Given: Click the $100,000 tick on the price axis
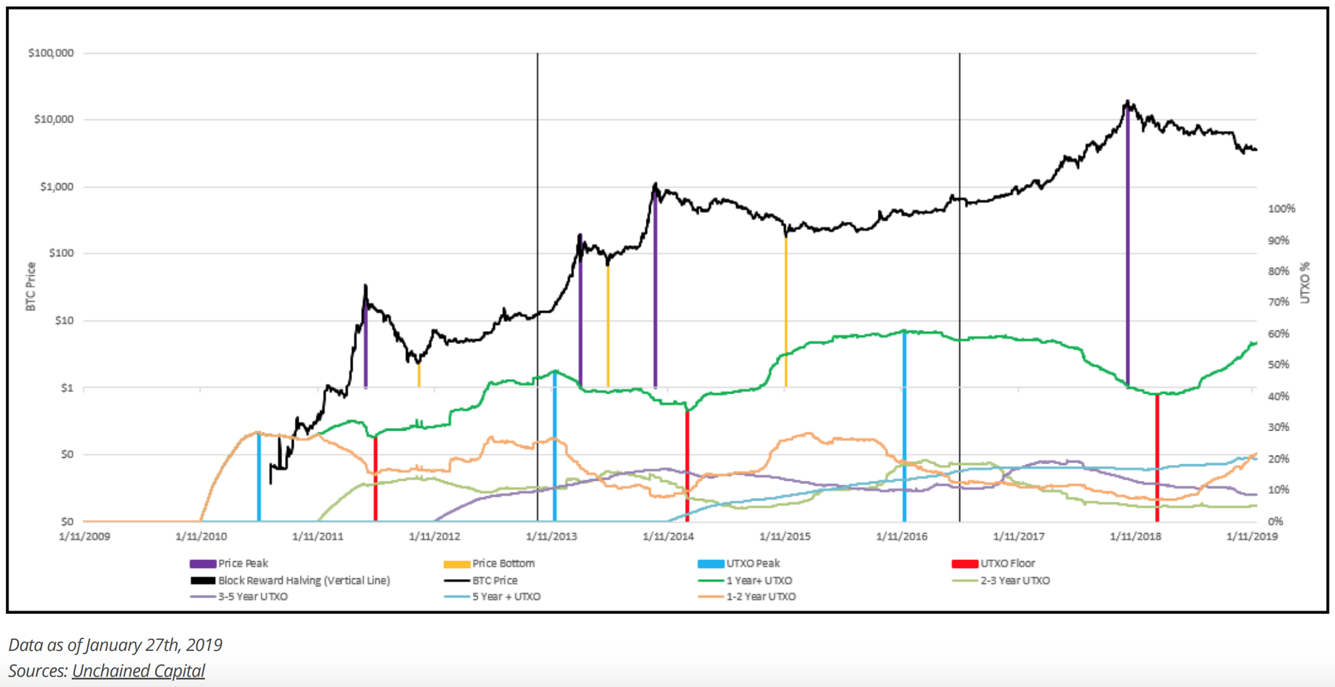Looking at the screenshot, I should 51,53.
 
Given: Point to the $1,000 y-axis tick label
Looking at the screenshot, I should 57,187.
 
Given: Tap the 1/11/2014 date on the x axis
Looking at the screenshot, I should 668,536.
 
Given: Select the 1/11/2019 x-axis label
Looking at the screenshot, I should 1252,536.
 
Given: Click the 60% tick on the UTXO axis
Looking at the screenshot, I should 1278,333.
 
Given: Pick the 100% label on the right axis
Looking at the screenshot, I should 1281,208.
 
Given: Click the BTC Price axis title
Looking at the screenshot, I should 31,286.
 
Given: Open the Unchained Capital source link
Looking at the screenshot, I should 139,671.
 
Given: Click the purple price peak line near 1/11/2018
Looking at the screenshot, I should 1128,250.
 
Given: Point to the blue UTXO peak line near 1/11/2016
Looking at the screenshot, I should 904,428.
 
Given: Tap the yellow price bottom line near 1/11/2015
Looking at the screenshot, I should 785,311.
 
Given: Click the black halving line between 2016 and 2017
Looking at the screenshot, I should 960,278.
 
